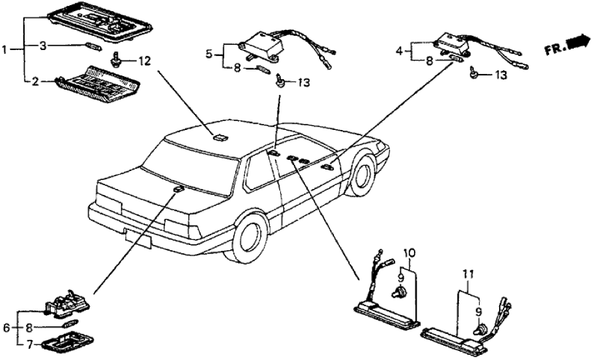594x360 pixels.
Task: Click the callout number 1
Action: pos(5,49)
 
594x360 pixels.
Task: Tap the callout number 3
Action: pos(43,46)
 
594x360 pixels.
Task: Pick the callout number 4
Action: pos(400,49)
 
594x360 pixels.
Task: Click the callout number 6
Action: pos(6,328)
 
